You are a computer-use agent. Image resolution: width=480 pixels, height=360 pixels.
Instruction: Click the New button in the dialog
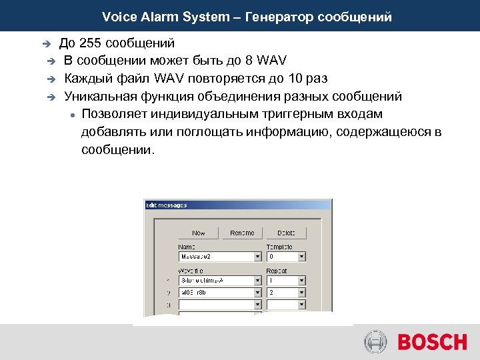pyautogui.click(x=199, y=233)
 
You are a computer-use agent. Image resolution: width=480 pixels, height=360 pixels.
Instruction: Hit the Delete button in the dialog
pyautogui.click(x=285, y=233)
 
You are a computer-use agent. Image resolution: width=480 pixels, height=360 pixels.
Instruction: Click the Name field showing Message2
pyautogui.click(x=216, y=256)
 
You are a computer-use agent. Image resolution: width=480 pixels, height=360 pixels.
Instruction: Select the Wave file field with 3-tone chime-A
pyautogui.click(x=216, y=281)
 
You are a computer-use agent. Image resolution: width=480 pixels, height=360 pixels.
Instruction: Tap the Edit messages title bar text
pyautogui.click(x=167, y=205)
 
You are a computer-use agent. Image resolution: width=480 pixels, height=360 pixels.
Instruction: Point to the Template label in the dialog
pyautogui.click(x=279, y=247)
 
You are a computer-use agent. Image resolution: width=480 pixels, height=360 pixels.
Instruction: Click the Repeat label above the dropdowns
pyautogui.click(x=277, y=271)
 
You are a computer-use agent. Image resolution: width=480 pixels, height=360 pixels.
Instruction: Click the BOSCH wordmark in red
pyautogui.click(x=432, y=343)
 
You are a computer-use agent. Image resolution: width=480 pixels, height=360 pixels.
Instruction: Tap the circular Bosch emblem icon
pyautogui.click(x=375, y=343)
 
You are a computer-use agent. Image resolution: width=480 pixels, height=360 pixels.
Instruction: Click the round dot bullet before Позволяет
pyautogui.click(x=71, y=115)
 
